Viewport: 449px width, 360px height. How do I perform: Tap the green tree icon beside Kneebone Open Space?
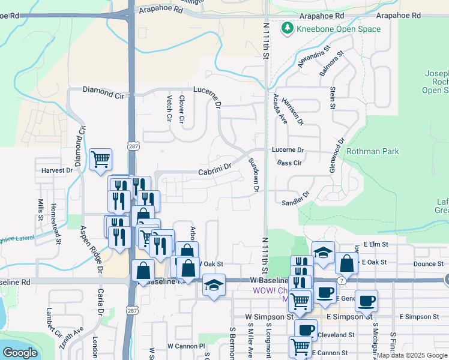(288, 28)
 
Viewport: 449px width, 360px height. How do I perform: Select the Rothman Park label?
(373, 152)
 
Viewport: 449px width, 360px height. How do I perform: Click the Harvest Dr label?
(57, 170)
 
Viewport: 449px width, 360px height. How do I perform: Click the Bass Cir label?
(289, 163)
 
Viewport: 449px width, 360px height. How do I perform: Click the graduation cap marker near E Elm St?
(323, 252)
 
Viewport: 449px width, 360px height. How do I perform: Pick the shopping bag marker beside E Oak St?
(347, 262)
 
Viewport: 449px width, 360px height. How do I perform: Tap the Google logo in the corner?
(20, 353)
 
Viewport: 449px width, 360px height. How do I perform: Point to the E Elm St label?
(376, 244)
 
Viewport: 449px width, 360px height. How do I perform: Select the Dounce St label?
(428, 264)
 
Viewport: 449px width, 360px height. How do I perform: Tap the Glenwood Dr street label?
(336, 156)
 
